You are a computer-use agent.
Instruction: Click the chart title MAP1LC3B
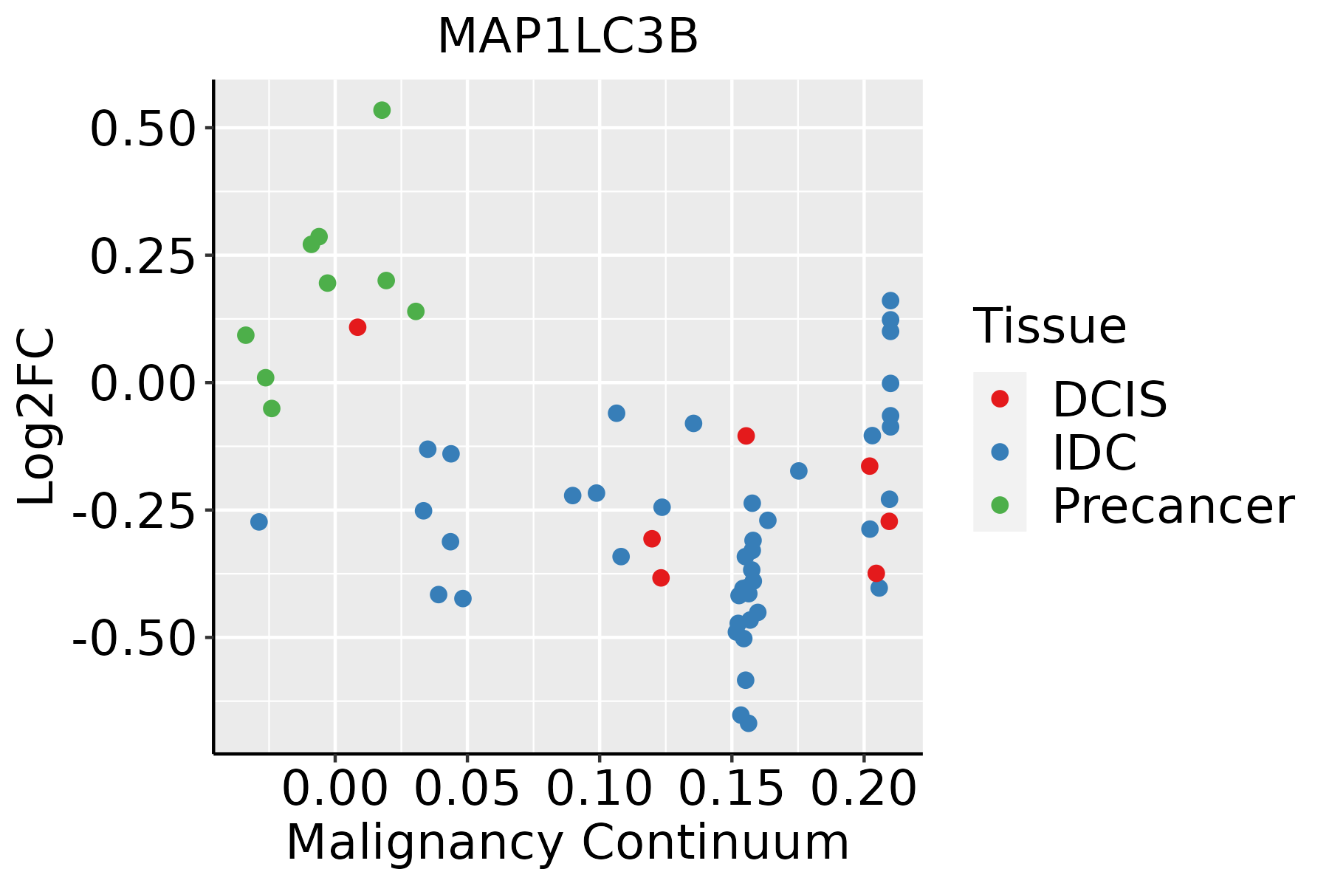[568, 36]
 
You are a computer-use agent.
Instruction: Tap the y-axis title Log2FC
[37, 416]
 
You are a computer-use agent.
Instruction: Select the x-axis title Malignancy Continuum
[568, 842]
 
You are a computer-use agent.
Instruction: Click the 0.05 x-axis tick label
[467, 789]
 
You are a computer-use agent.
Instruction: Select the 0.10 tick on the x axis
[600, 789]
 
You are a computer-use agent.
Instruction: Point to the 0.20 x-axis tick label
[864, 789]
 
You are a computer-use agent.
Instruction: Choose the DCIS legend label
[1110, 399]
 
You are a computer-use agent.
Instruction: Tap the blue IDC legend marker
[1000, 452]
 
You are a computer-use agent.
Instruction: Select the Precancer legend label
[1173, 506]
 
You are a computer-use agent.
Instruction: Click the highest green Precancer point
[382, 110]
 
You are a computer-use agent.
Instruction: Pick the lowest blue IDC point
[749, 723]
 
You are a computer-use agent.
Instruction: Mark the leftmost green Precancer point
[246, 335]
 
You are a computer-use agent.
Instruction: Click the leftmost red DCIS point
[357, 327]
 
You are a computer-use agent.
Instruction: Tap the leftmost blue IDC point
[258, 522]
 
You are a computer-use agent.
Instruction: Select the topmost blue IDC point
[890, 301]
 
